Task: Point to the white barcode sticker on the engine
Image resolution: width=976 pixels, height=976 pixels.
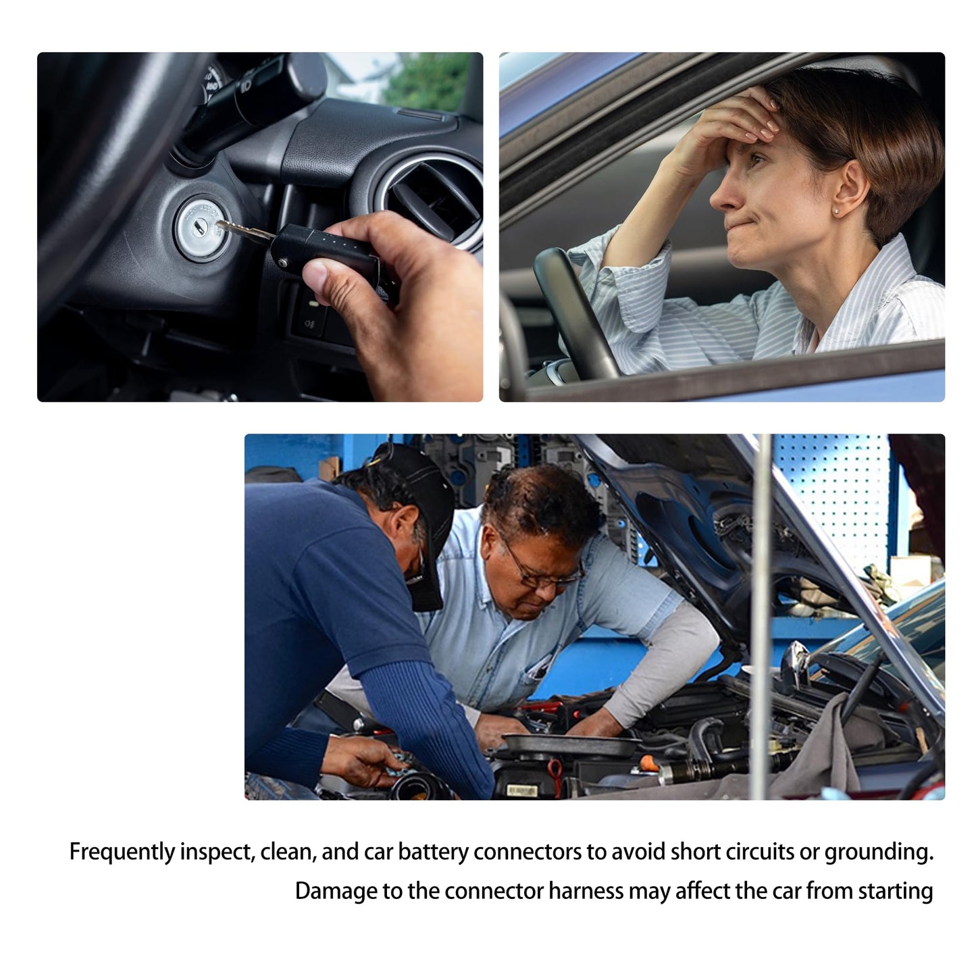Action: click(521, 790)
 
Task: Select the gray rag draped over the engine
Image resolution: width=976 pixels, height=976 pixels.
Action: click(821, 750)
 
